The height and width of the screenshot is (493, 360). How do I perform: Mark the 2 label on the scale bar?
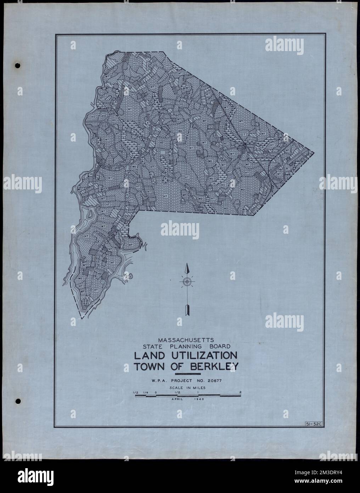241,392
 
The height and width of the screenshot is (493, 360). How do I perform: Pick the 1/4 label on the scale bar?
146,392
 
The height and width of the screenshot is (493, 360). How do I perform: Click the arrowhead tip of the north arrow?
187,266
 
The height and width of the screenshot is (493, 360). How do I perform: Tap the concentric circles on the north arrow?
187,282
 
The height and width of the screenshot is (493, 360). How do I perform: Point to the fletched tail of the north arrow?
187,309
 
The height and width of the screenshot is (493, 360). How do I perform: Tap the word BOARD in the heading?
221,346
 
